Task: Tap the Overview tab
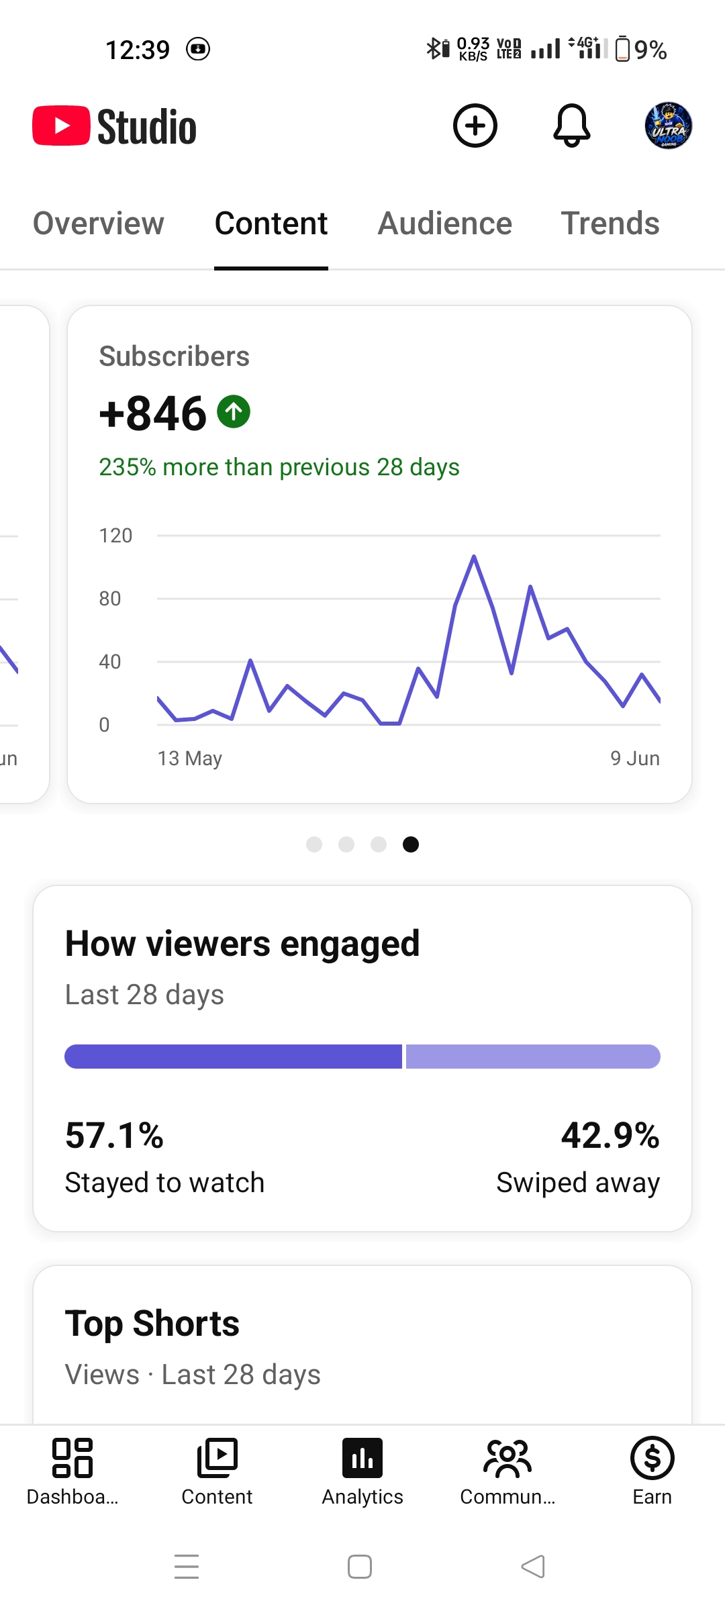coord(99,224)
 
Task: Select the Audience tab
coord(445,224)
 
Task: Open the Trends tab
coord(610,224)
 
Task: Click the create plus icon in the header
coord(475,126)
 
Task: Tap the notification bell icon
coord(572,126)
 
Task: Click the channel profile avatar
coord(669,126)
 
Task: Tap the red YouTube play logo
coord(61,126)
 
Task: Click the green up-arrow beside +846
coord(234,411)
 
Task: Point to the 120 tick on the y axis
coord(115,536)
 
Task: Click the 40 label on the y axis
coord(110,662)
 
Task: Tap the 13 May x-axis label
coord(189,759)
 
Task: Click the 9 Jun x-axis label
coord(635,759)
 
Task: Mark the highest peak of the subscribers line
coord(474,556)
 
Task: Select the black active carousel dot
coord(411,844)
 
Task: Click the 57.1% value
coord(114,1136)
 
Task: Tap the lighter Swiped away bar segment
coord(533,1057)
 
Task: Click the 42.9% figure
coord(610,1136)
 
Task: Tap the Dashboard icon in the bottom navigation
coord(72,1458)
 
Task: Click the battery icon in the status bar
coord(622,48)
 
